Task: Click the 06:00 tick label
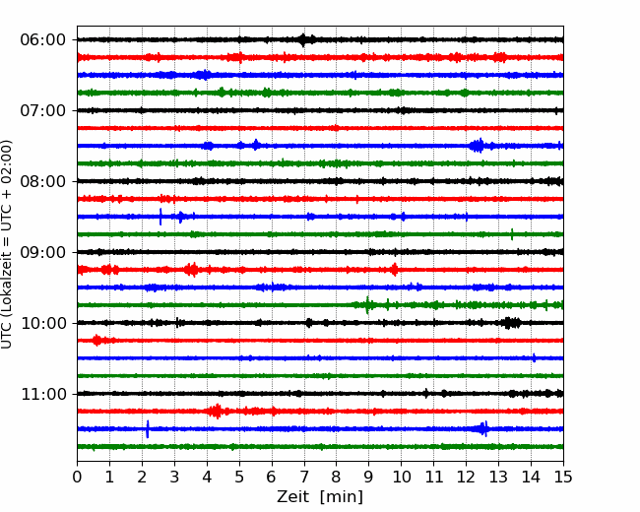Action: coord(43,40)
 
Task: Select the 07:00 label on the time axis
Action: coord(43,110)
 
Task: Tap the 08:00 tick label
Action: coord(43,181)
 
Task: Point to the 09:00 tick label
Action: coord(43,252)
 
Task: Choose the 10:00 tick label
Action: coord(43,323)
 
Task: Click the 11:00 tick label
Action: coord(43,394)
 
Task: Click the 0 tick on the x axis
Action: coord(77,477)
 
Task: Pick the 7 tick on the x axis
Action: coord(303,477)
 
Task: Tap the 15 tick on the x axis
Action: coord(563,477)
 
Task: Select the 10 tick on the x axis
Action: coord(401,477)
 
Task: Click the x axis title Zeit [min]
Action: coord(320,497)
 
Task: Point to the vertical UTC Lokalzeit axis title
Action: coord(7,244)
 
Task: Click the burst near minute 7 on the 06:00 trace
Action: coord(303,40)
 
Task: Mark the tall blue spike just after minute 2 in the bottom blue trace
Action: coord(148,428)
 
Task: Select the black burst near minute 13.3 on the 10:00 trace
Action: coord(509,323)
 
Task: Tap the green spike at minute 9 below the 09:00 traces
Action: coord(368,305)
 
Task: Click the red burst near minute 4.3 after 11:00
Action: coord(217,412)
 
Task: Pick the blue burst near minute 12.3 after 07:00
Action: coord(478,146)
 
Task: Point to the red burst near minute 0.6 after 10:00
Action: coord(97,340)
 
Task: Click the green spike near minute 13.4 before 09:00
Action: coord(512,234)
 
